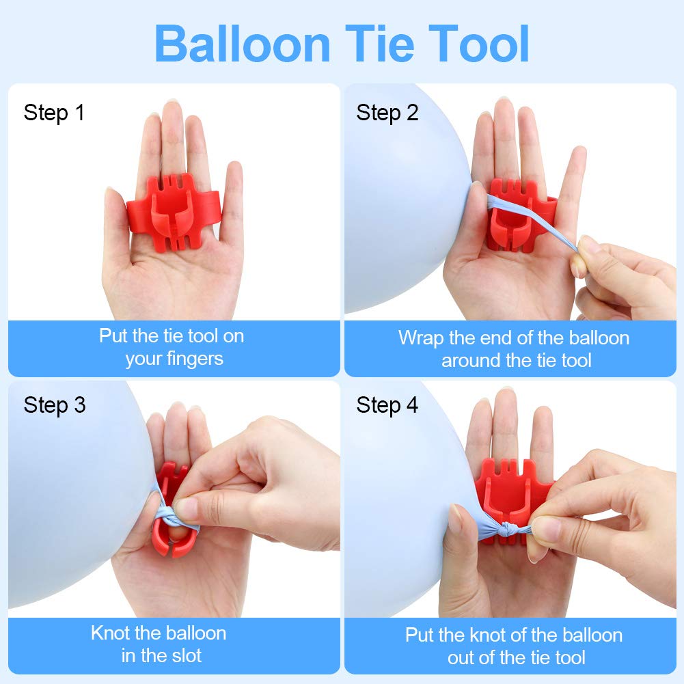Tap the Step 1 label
[54, 113]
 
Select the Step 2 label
[387, 113]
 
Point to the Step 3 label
[54, 405]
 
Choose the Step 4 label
[387, 405]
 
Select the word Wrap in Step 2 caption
[420, 338]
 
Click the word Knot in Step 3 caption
[110, 633]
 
